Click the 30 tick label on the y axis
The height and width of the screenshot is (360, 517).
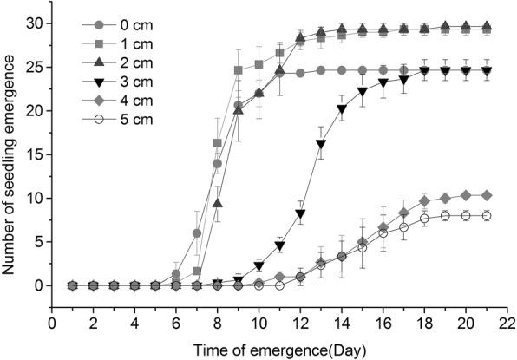(33, 23)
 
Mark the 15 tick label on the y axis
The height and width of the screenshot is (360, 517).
(33, 154)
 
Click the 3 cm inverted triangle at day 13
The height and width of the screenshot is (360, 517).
(321, 144)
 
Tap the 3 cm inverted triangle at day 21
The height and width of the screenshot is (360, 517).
(486, 71)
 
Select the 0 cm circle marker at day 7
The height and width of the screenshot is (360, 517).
(197, 233)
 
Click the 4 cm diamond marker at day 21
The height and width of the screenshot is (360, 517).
(486, 195)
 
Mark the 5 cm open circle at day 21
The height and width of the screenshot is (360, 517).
(486, 216)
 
